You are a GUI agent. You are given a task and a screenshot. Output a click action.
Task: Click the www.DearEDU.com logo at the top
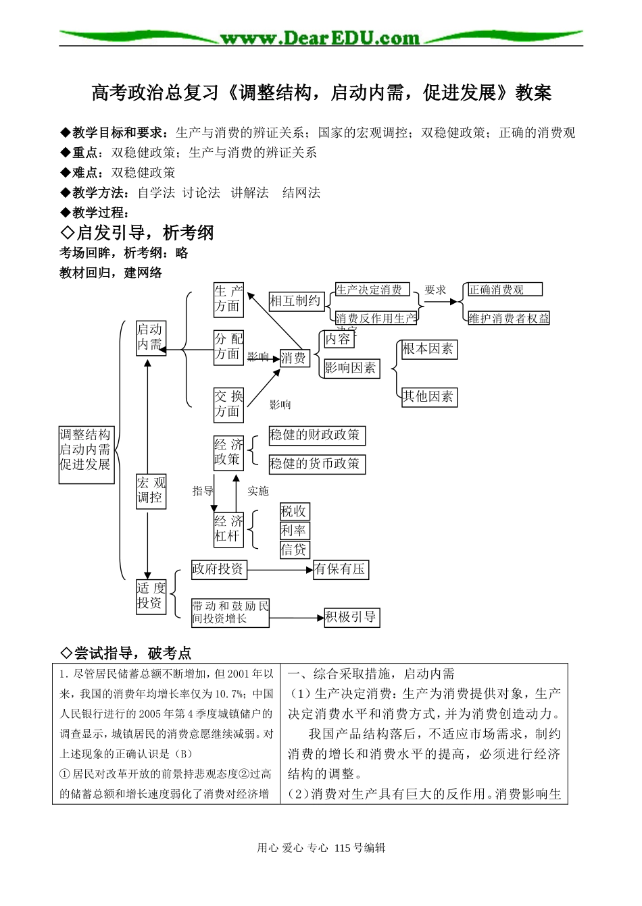(x=320, y=38)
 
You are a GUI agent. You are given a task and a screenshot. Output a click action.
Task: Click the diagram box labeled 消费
(x=294, y=358)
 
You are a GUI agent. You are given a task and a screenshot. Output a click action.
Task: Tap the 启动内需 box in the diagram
(x=150, y=337)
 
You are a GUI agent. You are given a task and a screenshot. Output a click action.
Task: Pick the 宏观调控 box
(x=151, y=491)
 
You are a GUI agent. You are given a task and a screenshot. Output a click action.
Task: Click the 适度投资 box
(x=151, y=596)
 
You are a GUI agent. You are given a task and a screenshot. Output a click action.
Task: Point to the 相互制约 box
(x=295, y=300)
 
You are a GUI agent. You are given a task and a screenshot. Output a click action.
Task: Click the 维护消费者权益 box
(x=509, y=318)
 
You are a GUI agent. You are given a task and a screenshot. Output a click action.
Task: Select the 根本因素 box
(x=428, y=349)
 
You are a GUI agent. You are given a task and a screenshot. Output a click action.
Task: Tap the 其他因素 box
(x=428, y=397)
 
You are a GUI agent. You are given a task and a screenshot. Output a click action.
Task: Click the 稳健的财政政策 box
(x=316, y=435)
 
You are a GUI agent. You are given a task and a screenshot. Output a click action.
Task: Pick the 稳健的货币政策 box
(x=316, y=464)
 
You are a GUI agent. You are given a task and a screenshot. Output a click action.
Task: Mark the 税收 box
(x=294, y=512)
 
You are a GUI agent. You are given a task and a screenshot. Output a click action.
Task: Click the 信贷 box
(x=294, y=550)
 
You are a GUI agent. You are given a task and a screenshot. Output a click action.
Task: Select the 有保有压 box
(x=341, y=570)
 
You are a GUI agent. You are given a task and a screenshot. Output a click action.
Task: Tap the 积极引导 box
(x=351, y=617)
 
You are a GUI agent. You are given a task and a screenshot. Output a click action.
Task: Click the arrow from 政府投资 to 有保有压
(x=280, y=570)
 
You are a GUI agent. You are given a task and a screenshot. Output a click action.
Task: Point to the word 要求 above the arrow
(x=435, y=290)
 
